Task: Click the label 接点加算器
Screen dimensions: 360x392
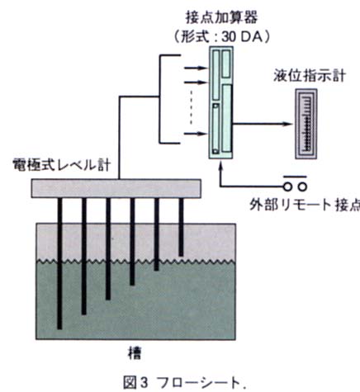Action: [x=222, y=17]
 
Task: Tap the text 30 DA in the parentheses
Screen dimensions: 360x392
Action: [x=242, y=37]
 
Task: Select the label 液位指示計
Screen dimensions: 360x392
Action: [x=310, y=76]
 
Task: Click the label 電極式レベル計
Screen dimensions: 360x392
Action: [x=62, y=165]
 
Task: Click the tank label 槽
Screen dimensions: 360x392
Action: [x=135, y=353]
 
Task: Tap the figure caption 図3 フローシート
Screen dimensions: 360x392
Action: [x=184, y=383]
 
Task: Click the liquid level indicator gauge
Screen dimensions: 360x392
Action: [x=306, y=124]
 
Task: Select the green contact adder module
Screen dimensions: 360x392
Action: [x=221, y=102]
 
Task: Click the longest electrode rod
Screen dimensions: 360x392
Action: [x=59, y=263]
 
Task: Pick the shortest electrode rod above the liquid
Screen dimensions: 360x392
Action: [x=181, y=227]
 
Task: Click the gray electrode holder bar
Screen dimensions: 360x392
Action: [x=116, y=188]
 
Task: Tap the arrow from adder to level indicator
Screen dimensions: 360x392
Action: [x=262, y=124]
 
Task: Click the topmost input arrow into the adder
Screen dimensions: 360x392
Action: [x=196, y=68]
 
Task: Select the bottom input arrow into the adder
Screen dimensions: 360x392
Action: [x=196, y=134]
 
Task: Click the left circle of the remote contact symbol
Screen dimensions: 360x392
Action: [x=287, y=187]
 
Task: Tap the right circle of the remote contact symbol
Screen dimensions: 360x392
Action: [x=302, y=187]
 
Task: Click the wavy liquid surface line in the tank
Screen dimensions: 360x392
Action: [x=135, y=262]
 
